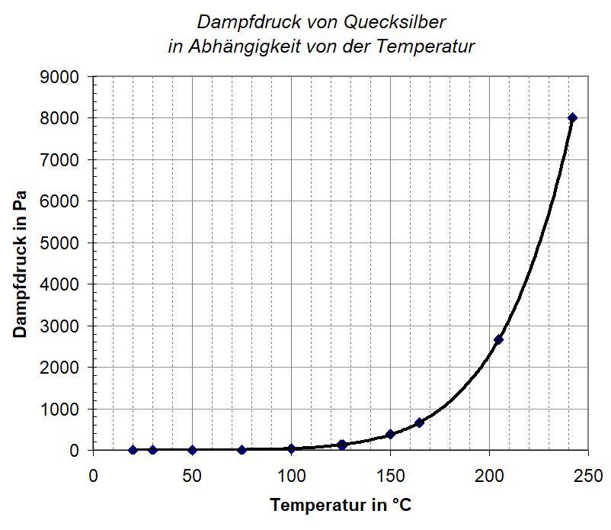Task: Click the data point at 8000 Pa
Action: (x=572, y=117)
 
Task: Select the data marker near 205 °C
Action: (x=498, y=339)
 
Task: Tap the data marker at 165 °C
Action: (x=419, y=422)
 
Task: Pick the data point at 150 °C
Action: (x=390, y=434)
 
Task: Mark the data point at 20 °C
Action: (x=133, y=450)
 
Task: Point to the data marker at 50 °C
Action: (x=192, y=450)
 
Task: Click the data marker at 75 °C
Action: (x=242, y=450)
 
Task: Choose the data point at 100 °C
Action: (x=291, y=448)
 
